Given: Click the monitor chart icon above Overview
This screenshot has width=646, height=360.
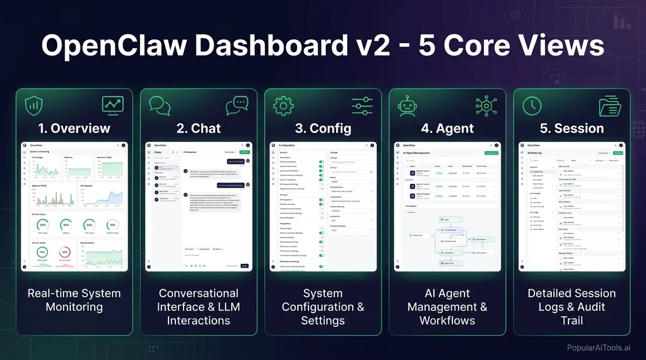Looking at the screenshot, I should tap(113, 105).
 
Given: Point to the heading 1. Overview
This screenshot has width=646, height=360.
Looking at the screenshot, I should tap(74, 129).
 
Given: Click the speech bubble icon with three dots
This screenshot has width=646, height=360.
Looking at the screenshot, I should tap(237, 105).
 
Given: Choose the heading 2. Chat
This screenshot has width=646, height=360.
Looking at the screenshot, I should tap(199, 129).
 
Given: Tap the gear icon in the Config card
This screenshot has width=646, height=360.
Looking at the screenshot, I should tap(283, 105).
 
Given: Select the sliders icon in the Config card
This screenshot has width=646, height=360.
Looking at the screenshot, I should tap(362, 105).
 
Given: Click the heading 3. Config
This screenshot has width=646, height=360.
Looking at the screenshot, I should tap(323, 129).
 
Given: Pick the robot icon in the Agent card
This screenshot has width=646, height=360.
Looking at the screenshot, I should tap(408, 105).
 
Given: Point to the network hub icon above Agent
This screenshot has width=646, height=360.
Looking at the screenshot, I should tap(486, 105).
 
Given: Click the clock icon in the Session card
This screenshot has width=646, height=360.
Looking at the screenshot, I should tap(532, 105).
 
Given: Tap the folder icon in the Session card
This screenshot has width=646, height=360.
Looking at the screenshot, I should tap(610, 105).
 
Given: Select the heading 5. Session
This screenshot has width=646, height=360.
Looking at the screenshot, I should tap(572, 129).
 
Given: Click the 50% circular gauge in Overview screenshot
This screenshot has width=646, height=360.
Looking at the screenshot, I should tap(66, 224).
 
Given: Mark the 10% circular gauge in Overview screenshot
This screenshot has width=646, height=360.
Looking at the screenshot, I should tap(113, 224).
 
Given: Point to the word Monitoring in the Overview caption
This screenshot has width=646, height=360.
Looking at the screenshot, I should tap(74, 307).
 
